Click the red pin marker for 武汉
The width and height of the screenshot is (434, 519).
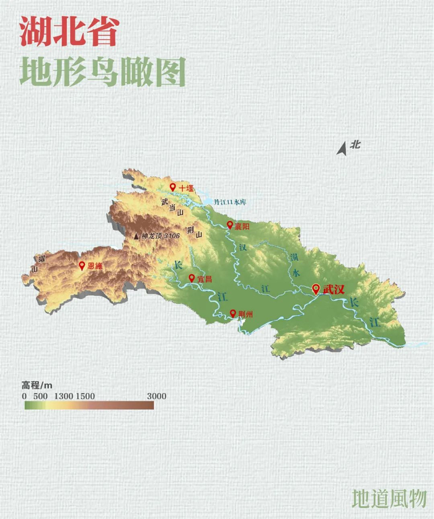click(x=316, y=289)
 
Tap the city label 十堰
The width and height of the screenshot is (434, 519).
click(x=186, y=187)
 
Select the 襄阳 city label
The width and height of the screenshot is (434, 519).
click(x=242, y=226)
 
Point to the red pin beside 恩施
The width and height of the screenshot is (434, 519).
click(x=81, y=265)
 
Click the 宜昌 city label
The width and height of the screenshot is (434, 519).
click(x=204, y=279)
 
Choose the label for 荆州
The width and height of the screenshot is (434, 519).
click(x=246, y=314)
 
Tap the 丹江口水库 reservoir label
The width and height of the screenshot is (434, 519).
click(x=230, y=202)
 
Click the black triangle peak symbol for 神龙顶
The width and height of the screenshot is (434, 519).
click(x=136, y=236)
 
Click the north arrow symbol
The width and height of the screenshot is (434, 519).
click(x=341, y=148)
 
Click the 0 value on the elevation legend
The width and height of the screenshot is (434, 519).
click(x=24, y=396)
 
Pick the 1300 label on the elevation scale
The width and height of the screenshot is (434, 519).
click(x=64, y=396)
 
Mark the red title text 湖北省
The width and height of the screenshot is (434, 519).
click(x=68, y=31)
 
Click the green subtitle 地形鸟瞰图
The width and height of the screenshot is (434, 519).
click(x=102, y=72)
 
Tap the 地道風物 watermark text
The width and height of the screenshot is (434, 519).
click(x=389, y=499)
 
